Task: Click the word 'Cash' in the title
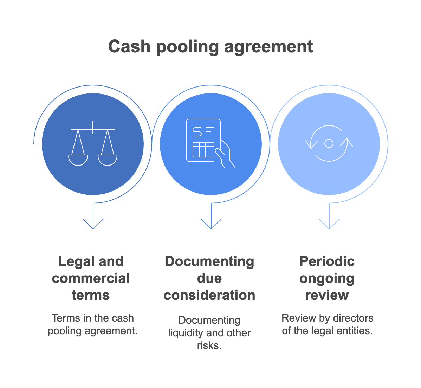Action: tap(129, 47)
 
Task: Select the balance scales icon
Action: tap(93, 144)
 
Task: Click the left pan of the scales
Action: tap(78, 160)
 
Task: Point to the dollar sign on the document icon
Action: tap(197, 131)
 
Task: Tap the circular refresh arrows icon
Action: tap(329, 143)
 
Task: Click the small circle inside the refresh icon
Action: tap(329, 143)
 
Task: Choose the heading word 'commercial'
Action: tap(91, 278)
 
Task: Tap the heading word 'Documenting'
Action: tap(209, 261)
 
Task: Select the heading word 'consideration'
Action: tap(209, 295)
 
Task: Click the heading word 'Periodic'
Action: tap(327, 261)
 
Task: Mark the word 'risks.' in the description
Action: tap(209, 345)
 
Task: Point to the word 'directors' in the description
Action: tap(353, 318)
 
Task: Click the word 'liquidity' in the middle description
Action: tap(186, 333)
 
